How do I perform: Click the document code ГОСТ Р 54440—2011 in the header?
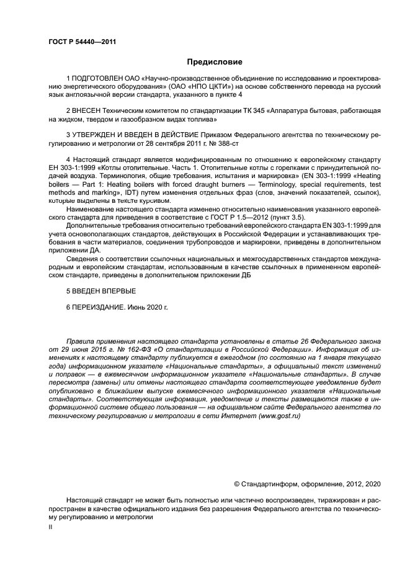pyautogui.click(x=82, y=42)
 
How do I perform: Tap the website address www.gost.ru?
pyautogui.click(x=279, y=416)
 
